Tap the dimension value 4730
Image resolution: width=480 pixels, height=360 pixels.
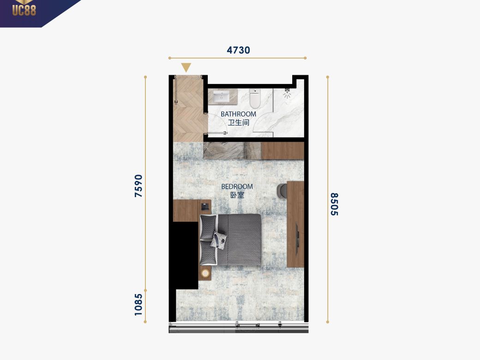pyautogui.click(x=238, y=50)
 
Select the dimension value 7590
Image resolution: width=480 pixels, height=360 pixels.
pyautogui.click(x=138, y=186)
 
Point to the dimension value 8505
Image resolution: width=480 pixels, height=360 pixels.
pyautogui.click(x=334, y=204)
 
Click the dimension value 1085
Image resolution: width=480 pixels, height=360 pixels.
pyautogui.click(x=138, y=305)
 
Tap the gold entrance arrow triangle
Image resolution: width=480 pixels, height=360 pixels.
pyautogui.click(x=186, y=67)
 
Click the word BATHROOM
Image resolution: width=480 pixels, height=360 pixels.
pyautogui.click(x=238, y=114)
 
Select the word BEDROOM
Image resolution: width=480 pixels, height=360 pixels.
pyautogui.click(x=237, y=186)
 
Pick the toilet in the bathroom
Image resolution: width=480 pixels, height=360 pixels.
pyautogui.click(x=255, y=98)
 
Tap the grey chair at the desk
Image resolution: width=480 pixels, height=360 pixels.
pyautogui.click(x=282, y=191)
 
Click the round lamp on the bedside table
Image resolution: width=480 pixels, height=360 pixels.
pyautogui.click(x=205, y=273)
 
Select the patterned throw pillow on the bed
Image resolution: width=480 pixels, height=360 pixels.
pyautogui.click(x=218, y=240)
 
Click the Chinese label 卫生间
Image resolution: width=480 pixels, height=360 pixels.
pyautogui.click(x=239, y=123)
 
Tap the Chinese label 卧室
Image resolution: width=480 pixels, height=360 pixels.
pyautogui.click(x=237, y=195)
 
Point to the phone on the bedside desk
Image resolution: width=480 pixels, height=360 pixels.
pyautogui.click(x=204, y=207)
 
